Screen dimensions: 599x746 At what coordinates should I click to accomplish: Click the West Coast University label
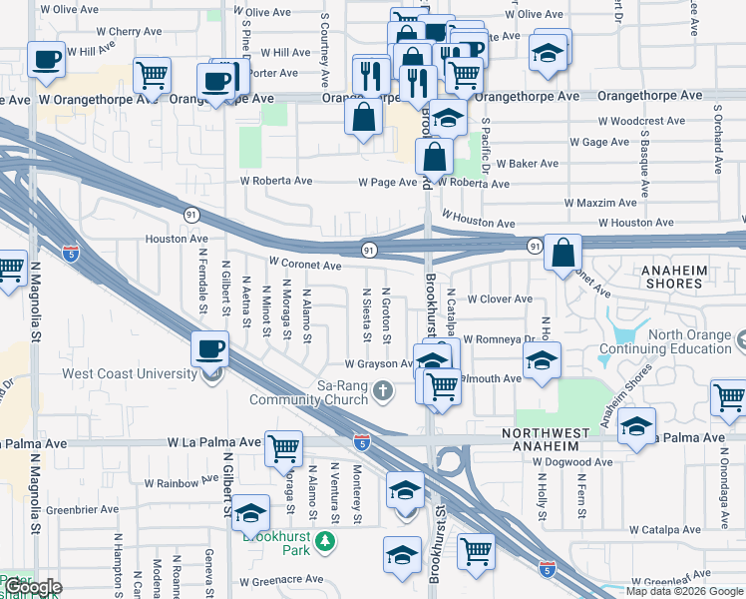[130, 373]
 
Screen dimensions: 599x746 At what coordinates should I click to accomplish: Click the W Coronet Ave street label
[305, 266]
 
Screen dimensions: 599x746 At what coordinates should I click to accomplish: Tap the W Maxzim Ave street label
[599, 203]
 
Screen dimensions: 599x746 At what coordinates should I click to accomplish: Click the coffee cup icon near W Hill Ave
[46, 59]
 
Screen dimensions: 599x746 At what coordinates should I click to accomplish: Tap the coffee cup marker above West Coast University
[210, 348]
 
